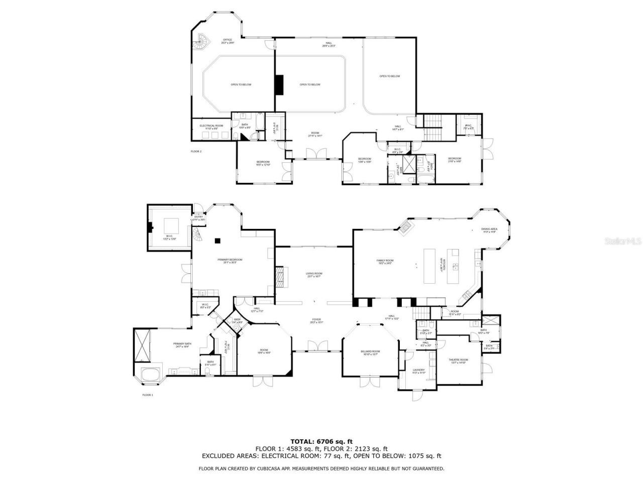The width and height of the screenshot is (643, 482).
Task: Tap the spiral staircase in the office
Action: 202,42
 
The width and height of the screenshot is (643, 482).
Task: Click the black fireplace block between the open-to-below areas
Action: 279,84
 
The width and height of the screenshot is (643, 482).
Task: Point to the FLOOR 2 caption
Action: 196,151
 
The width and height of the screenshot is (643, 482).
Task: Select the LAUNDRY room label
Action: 418,371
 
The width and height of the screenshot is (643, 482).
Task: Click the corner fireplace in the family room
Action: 404,227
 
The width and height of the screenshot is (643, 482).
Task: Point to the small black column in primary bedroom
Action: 217,241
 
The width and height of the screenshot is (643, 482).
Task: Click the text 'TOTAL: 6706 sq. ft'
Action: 321,441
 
